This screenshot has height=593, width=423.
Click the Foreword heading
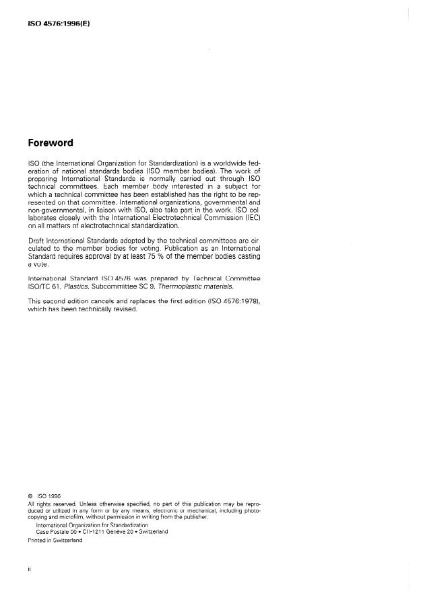(x=51, y=143)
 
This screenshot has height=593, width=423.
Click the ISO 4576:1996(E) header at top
(x=58, y=24)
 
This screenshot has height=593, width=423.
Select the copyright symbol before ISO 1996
(x=30, y=497)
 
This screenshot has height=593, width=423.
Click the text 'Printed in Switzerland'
(x=55, y=540)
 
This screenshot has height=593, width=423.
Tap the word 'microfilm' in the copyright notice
(x=73, y=516)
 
